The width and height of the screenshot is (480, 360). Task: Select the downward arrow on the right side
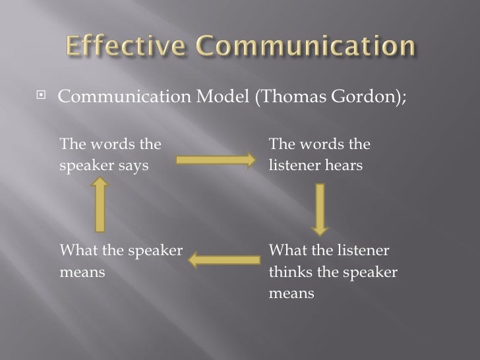[320, 208]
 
